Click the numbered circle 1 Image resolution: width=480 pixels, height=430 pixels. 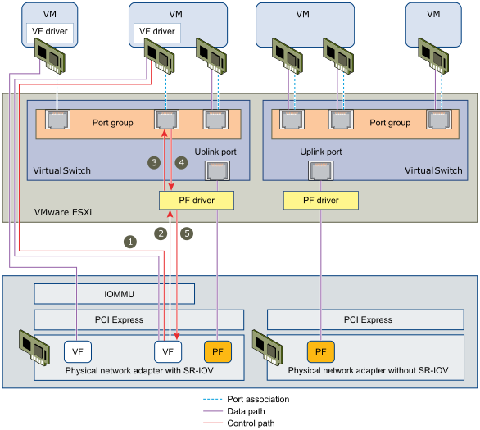pyautogui.click(x=129, y=242)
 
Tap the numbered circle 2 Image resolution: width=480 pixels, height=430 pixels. pyautogui.click(x=161, y=233)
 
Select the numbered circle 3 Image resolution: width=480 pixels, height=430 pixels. pyautogui.click(x=153, y=162)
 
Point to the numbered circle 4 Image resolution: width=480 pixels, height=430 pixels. pyautogui.click(x=181, y=162)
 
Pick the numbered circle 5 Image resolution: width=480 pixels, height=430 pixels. pyautogui.click(x=187, y=233)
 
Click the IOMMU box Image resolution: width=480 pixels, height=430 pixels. pyautogui.click(x=114, y=293)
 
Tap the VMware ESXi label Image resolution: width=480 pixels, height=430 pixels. pyautogui.click(x=63, y=211)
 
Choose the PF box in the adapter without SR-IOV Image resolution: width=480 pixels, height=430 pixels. pyautogui.click(x=320, y=351)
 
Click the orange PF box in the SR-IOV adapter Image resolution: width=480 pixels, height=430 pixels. pyautogui.click(x=217, y=351)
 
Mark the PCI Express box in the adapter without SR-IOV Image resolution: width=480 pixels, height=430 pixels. pyautogui.click(x=372, y=319)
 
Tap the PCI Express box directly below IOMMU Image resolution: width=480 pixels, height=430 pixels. pyautogui.click(x=138, y=319)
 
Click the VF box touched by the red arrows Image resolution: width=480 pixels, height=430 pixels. pyautogui.click(x=168, y=351)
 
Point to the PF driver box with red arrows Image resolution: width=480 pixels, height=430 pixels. pyautogui.click(x=196, y=200)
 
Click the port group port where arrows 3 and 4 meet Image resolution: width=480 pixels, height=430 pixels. pyautogui.click(x=167, y=121)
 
